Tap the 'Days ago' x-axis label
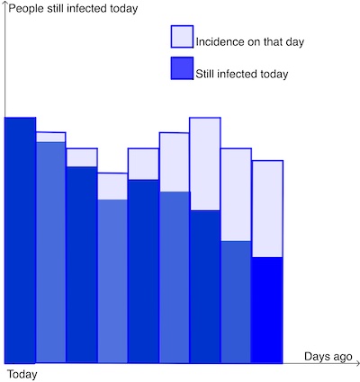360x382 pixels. (x=328, y=357)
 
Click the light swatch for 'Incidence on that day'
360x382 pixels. (x=181, y=37)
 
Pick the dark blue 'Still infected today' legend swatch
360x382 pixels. (x=181, y=68)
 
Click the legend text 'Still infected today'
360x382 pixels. (x=241, y=74)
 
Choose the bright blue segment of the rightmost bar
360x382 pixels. (x=267, y=310)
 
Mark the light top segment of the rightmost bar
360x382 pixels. (x=267, y=209)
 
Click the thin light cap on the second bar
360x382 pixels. (x=50, y=137)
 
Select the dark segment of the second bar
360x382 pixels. (x=50, y=252)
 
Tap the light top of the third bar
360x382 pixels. (x=82, y=157)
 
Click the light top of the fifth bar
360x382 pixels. (x=143, y=164)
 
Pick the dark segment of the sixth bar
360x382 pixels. (x=174, y=277)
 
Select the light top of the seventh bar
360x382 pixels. (x=205, y=164)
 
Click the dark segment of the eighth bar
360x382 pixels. (x=236, y=302)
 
